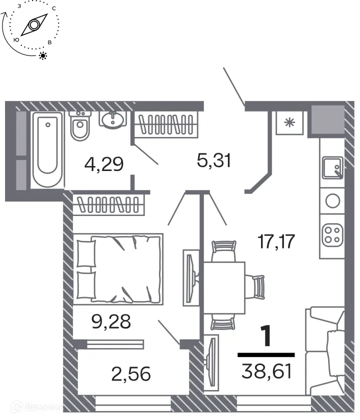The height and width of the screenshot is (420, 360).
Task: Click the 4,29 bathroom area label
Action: [104, 163]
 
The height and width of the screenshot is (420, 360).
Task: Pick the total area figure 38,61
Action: [265, 371]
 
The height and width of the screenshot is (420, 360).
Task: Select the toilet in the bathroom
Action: [79, 127]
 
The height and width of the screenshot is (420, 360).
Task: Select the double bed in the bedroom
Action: [118, 268]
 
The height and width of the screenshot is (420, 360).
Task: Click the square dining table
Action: [224, 287]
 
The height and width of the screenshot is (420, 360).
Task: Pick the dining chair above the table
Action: [223, 250]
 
